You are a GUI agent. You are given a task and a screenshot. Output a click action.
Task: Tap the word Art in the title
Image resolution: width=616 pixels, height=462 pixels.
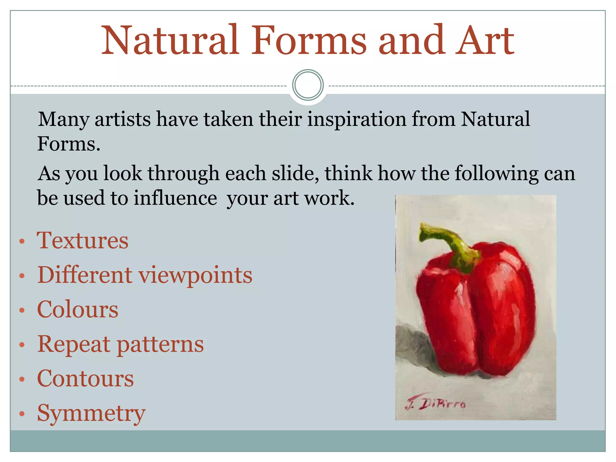485,41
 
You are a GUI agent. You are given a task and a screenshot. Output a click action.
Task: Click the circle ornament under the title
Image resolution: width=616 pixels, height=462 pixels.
308,85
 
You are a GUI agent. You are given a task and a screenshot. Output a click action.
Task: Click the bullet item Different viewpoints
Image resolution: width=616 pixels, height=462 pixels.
145,275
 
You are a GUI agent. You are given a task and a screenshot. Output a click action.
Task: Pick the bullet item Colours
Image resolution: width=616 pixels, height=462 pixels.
78,310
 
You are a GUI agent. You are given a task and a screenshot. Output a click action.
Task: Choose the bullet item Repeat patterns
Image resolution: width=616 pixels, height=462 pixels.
120,344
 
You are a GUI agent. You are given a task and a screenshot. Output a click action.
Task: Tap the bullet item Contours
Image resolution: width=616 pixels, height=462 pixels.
85,379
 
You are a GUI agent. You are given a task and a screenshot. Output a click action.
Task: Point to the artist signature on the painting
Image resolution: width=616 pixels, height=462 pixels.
436,403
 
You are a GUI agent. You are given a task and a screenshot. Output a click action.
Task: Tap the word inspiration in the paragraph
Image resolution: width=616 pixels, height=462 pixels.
356,119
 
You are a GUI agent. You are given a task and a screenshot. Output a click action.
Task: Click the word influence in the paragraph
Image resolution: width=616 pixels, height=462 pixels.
175,198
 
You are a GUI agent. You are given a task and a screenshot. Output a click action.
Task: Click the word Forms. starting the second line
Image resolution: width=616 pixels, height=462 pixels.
69,144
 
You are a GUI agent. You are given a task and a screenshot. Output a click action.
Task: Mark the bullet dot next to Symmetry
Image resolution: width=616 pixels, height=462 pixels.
22,414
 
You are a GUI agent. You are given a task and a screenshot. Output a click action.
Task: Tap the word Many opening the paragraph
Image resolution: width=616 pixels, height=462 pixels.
64,119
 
